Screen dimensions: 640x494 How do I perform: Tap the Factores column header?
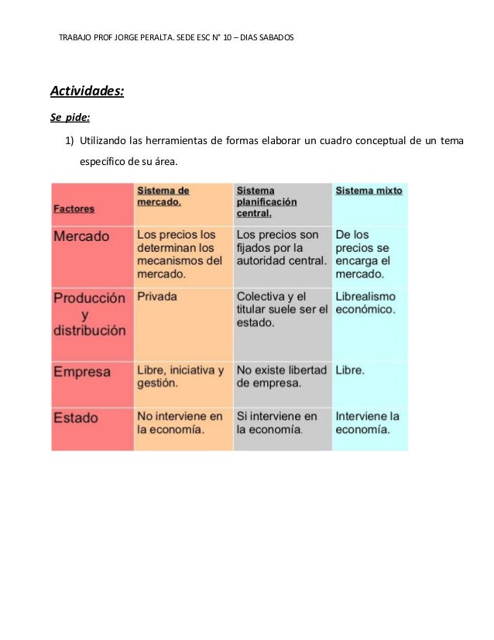pyautogui.click(x=74, y=208)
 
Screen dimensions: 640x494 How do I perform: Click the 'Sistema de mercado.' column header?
pyautogui.click(x=163, y=195)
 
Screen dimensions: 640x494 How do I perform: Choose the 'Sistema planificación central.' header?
pyautogui.click(x=267, y=201)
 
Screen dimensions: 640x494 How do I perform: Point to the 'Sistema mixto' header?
pyautogui.click(x=368, y=191)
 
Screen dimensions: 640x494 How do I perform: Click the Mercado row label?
pyautogui.click(x=81, y=236)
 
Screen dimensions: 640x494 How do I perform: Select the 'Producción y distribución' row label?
pyautogui.click(x=89, y=314)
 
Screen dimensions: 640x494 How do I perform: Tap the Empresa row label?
pyautogui.click(x=82, y=372)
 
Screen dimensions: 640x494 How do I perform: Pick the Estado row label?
pyautogui.click(x=76, y=418)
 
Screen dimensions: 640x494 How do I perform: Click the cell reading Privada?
pyautogui.click(x=157, y=296)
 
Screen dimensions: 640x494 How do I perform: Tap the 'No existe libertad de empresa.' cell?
pyautogui.click(x=282, y=377)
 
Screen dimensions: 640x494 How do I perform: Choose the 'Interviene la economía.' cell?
pyautogui.click(x=368, y=423)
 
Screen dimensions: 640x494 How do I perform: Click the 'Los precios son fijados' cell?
pyautogui.click(x=281, y=247)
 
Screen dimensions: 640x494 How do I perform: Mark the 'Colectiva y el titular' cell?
pyautogui.click(x=282, y=309)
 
